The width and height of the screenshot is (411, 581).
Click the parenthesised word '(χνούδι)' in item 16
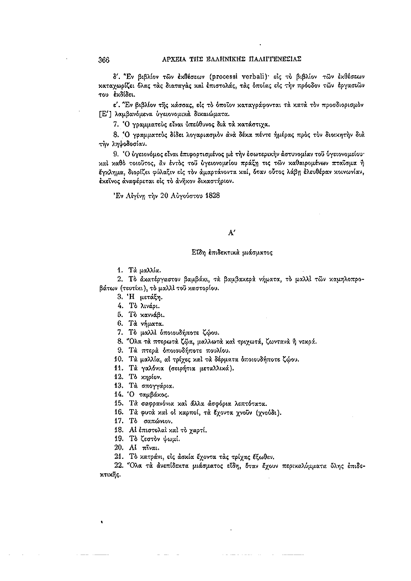click(x=265, y=412)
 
